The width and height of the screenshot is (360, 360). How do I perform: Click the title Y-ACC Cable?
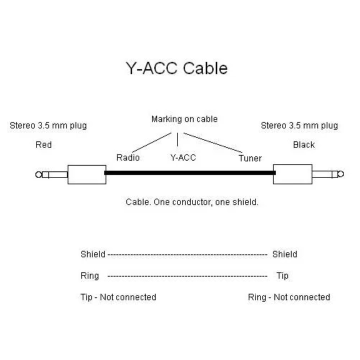click(x=175, y=68)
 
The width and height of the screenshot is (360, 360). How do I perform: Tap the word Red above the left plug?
click(x=43, y=145)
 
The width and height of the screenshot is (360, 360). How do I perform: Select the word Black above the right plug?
click(x=303, y=145)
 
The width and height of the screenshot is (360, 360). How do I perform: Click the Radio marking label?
click(x=127, y=158)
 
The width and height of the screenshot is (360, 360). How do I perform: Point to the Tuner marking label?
click(x=249, y=158)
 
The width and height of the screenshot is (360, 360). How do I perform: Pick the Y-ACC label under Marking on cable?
click(x=183, y=158)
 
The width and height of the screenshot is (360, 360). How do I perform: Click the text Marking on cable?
click(x=184, y=119)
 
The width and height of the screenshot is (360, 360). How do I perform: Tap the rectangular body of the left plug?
click(x=86, y=174)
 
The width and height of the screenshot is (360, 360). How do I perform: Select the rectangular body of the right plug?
click(x=292, y=174)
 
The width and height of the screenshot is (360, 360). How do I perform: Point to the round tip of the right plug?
click(x=340, y=174)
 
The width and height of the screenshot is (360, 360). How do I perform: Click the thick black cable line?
click(x=189, y=173)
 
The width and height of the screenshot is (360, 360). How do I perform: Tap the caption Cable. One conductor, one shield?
click(x=191, y=202)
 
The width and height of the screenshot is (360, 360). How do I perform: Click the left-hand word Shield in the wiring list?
click(x=93, y=254)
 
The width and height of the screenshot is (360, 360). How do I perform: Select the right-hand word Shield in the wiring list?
click(x=284, y=254)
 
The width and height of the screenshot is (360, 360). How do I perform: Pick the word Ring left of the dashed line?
click(x=90, y=275)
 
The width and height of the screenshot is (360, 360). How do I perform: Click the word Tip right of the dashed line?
click(x=282, y=275)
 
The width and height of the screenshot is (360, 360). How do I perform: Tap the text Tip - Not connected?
click(x=118, y=297)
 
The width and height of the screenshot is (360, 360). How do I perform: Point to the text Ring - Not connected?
click(x=289, y=297)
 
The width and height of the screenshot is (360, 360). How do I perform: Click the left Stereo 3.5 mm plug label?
click(x=48, y=125)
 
